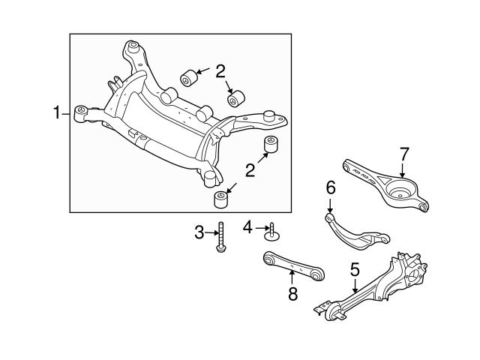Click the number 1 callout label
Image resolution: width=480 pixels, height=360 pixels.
[55, 113]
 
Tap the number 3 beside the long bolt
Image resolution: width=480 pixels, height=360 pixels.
[199, 233]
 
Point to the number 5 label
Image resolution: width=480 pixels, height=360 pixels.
[355, 269]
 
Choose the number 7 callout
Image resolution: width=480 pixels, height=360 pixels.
[404, 154]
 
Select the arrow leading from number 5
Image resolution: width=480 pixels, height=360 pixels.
[355, 285]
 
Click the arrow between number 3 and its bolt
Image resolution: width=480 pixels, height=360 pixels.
[211, 233]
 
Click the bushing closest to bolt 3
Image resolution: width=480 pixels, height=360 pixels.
[220, 200]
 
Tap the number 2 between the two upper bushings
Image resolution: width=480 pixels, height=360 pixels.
[220, 73]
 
